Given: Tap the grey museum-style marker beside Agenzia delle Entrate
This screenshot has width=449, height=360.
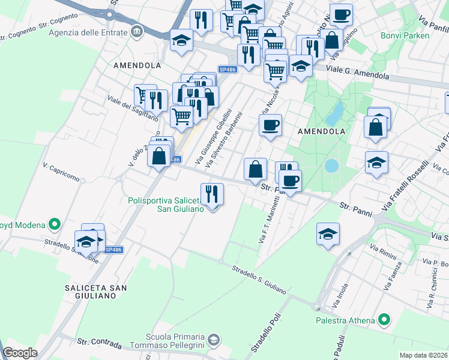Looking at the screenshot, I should coord(137,31).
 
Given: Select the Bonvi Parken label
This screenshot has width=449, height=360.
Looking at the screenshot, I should coord(405,35).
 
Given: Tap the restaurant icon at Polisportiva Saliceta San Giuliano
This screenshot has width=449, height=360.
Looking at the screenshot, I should coord(212,194).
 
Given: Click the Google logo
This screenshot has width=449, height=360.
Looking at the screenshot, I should coord(20,353).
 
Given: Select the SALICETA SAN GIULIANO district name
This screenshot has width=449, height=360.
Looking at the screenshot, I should coord(96,292).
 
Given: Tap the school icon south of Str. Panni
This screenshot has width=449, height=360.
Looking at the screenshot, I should coord(328,235).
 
